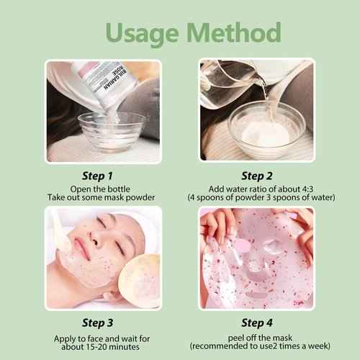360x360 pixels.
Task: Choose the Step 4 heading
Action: point(256,322)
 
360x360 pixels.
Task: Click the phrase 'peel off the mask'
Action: point(256,336)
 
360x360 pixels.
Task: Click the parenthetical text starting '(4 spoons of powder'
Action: point(256,197)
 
